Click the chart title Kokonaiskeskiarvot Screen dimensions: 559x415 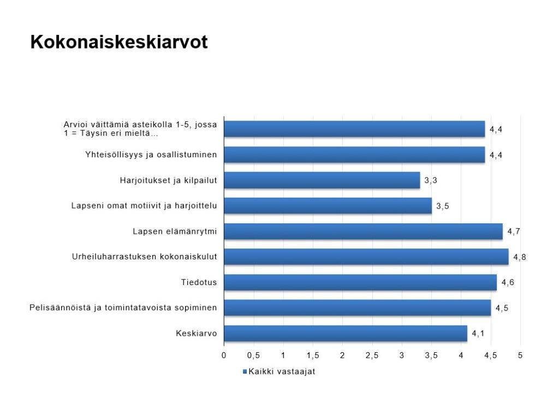(118, 42)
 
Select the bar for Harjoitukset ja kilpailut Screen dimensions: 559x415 (322, 180)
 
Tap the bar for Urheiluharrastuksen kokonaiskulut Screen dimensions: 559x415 (366, 257)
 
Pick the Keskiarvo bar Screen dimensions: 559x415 (346, 333)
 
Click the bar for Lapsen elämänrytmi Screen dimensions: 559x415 (363, 232)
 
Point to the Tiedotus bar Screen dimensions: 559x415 (360, 282)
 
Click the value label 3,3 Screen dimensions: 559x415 (431, 180)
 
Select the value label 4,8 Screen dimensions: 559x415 (520, 257)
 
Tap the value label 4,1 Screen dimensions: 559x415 (478, 334)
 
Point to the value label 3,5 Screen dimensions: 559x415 (442, 206)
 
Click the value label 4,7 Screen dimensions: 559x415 (514, 232)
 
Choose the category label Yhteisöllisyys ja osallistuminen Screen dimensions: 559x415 (151, 155)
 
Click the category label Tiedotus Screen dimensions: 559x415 (199, 282)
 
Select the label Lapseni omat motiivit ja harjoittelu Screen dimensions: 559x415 (144, 206)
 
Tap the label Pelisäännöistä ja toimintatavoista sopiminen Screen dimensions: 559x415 (123, 307)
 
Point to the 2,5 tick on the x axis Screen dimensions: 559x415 (372, 355)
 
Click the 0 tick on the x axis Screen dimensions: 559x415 (224, 355)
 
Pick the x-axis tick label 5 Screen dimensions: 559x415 (520, 355)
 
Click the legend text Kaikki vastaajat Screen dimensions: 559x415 (282, 371)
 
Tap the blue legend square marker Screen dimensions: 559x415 (245, 371)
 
